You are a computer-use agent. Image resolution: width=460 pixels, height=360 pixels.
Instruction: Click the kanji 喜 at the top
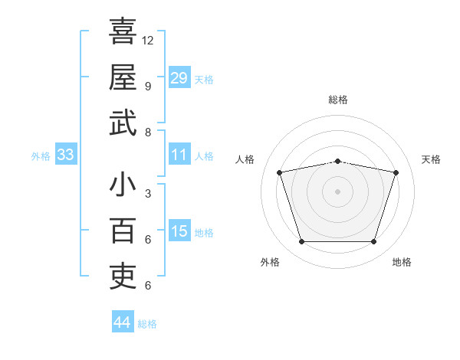click(123, 31)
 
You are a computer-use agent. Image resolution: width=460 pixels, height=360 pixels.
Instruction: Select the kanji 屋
click(123, 77)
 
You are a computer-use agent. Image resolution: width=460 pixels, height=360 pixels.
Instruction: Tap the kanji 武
click(123, 123)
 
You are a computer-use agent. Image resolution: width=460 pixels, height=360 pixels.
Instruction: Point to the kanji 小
click(123, 184)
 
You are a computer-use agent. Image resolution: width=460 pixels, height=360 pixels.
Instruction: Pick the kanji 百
click(123, 231)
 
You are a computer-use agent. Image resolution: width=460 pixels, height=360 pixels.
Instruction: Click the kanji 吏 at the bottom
click(123, 277)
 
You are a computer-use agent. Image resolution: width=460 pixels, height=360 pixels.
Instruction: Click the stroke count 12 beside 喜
click(147, 41)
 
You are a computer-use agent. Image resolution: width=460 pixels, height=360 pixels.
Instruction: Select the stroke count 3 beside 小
click(148, 194)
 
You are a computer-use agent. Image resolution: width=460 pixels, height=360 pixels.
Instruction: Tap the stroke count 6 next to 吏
click(148, 286)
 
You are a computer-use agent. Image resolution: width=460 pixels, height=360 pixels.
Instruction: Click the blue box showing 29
click(179, 77)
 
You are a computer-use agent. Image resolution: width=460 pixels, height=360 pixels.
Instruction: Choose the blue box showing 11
click(179, 154)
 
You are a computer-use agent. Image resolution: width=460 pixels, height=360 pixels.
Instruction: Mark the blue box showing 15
click(179, 230)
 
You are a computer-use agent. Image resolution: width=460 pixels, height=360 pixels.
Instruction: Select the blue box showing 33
click(66, 154)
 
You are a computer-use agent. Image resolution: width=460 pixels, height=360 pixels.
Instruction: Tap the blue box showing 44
click(123, 321)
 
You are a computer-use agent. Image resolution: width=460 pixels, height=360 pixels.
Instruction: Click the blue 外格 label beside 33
click(41, 156)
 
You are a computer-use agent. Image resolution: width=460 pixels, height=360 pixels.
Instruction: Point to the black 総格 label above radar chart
click(338, 100)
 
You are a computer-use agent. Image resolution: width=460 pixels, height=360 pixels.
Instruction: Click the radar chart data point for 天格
click(396, 172)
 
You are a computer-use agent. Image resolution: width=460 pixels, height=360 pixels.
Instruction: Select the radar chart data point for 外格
click(302, 241)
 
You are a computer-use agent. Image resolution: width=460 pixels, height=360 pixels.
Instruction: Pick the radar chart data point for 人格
click(280, 172)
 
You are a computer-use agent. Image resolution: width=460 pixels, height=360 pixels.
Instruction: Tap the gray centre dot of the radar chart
click(337, 191)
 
